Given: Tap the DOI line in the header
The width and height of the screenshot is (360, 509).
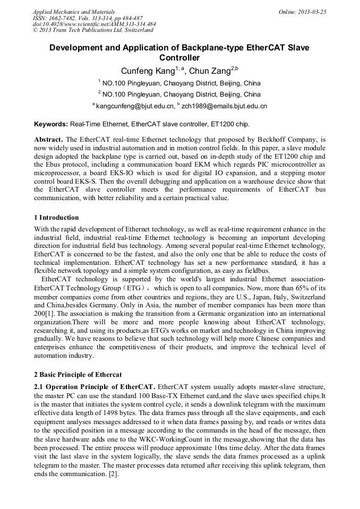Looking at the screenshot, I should tap(94, 24).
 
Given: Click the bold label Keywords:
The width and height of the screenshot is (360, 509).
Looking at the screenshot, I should tap(51, 124).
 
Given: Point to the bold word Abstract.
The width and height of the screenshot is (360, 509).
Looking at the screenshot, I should tap(48, 139).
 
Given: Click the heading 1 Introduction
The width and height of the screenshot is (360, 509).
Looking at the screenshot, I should tap(56, 218).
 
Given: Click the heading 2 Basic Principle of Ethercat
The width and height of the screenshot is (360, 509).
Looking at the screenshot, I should tap(78, 375).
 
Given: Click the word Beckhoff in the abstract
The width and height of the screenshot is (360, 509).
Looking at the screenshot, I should tap(269, 139).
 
